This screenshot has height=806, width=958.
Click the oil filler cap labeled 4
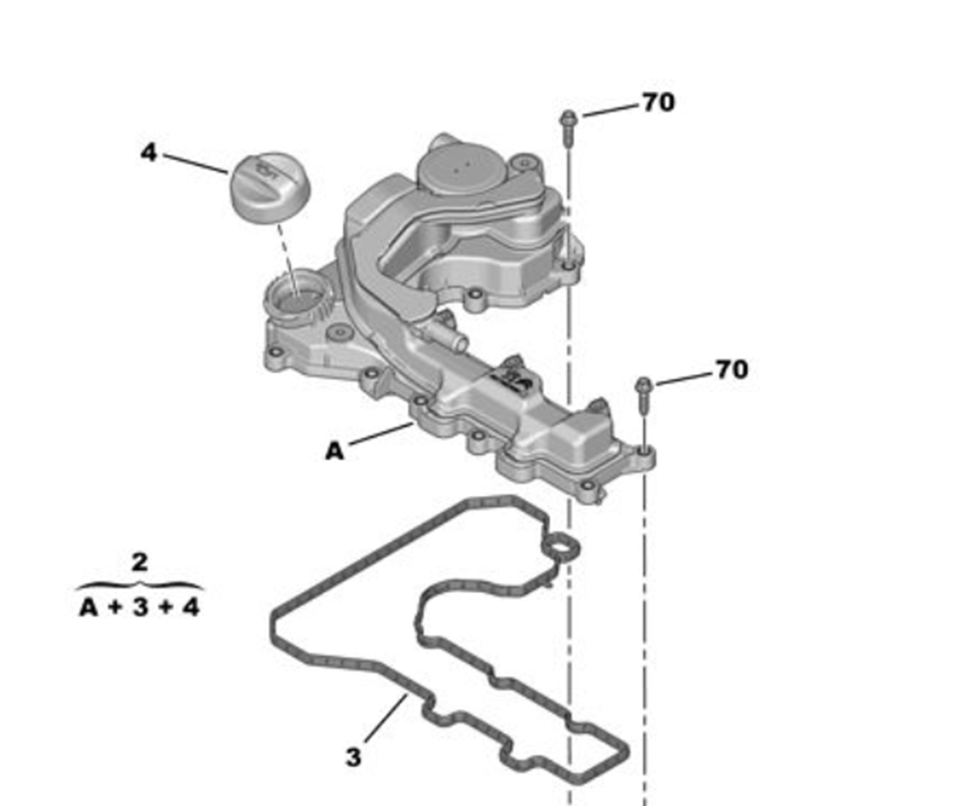pos(270,188)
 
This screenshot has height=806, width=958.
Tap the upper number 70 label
pos(658,102)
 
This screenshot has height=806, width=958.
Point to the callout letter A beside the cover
pos(335,452)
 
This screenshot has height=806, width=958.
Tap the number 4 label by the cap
pos(149,152)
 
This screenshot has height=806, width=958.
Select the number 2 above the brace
pos(140,562)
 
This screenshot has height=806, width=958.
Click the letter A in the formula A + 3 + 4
pos(89,608)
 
